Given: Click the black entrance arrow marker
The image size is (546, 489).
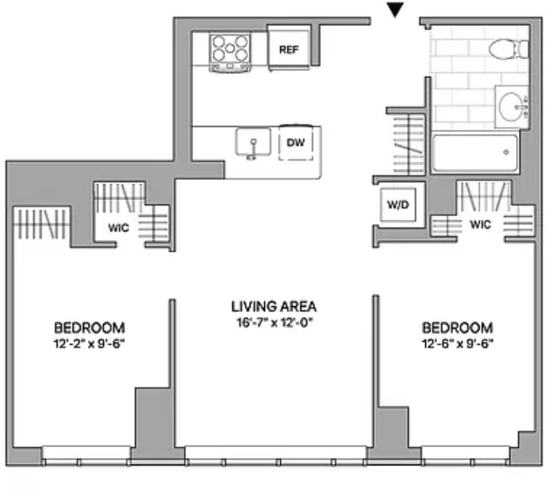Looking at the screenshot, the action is (395, 9).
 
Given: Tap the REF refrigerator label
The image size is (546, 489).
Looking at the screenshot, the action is (289, 50).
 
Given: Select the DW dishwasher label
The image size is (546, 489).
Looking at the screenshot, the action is (295, 142).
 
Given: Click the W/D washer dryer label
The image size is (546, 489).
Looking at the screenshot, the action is (397, 204).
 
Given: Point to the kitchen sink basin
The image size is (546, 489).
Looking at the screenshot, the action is (253, 142).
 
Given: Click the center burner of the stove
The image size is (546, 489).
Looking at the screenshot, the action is (230, 48).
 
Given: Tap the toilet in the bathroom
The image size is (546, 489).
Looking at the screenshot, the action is (508, 49).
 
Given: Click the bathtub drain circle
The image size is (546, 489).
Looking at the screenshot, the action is (506, 152).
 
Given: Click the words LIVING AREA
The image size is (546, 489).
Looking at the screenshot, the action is (273, 306).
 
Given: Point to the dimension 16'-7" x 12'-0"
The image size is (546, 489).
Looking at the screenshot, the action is (275, 323).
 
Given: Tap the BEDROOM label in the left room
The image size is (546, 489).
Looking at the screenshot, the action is (89, 328).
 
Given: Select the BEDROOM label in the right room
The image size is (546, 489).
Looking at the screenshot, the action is (457, 328).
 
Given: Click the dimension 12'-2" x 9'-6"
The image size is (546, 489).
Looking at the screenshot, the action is (89, 344).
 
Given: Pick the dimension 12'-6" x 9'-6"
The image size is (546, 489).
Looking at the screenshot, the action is (457, 344).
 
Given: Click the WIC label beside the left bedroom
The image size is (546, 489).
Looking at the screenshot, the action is (119, 228).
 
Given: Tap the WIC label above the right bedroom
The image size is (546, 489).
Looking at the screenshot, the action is (480, 225).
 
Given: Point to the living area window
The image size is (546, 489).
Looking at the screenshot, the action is (275, 456).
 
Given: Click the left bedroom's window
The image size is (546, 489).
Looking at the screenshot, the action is (86, 456).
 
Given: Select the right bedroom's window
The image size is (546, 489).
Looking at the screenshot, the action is (466, 456).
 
